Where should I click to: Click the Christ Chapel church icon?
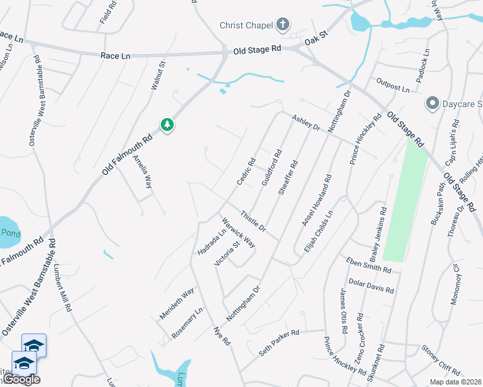[x=282, y=25]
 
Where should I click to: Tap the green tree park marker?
[x=167, y=124]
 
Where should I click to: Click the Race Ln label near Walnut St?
[x=116, y=56]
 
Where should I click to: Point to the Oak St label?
[x=317, y=40]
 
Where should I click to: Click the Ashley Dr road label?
[x=306, y=123]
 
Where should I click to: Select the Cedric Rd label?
[x=246, y=172]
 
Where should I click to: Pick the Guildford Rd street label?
[x=272, y=169]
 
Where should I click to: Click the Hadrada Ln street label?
[x=212, y=241]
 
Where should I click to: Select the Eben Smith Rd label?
[x=369, y=264]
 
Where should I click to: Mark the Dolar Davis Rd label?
[x=371, y=286]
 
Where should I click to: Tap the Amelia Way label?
[x=142, y=172]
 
